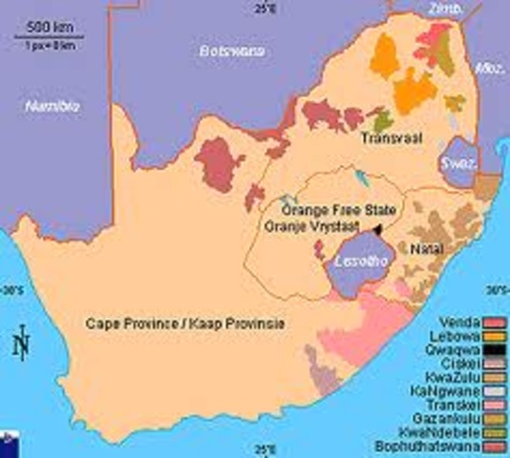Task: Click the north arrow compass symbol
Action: (x=21, y=342)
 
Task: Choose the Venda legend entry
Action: (x=462, y=323)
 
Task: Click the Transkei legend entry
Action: (x=460, y=403)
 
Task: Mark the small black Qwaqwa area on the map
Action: (x=378, y=229)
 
